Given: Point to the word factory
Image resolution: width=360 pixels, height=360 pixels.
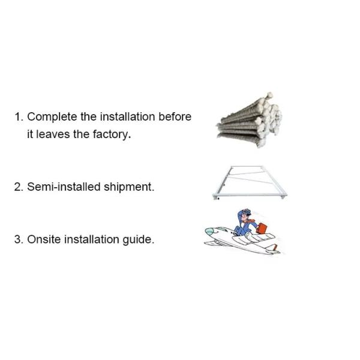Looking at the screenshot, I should pyautogui.click(x=110, y=134).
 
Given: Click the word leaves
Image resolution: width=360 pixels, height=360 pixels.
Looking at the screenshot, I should pyautogui.click(x=53, y=134).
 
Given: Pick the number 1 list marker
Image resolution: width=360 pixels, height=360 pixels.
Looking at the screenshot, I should pyautogui.click(x=18, y=117).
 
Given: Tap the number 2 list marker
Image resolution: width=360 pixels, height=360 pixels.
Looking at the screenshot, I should pyautogui.click(x=18, y=187).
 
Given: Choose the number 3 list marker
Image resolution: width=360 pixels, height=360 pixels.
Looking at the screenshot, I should pyautogui.click(x=18, y=239).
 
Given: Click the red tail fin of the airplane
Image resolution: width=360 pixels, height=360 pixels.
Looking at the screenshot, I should pyautogui.click(x=273, y=246).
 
